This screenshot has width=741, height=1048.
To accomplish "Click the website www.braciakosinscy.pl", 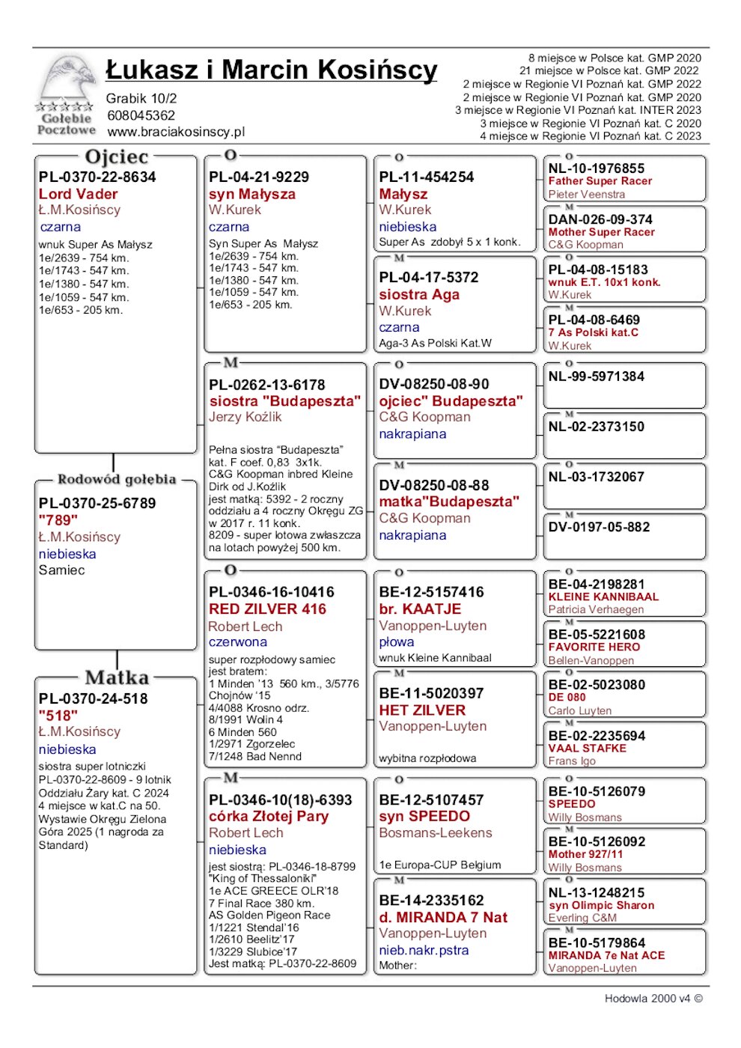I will click(x=176, y=132).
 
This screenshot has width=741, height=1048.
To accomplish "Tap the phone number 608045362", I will click(x=141, y=115).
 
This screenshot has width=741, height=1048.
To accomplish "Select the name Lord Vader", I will click(x=78, y=194).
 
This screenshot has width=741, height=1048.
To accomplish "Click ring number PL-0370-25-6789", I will click(x=97, y=503).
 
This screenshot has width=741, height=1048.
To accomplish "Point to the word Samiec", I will click(x=61, y=570).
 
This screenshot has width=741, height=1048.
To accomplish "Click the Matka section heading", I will click(x=117, y=677).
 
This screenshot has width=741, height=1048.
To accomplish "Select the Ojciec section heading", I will click(x=117, y=157).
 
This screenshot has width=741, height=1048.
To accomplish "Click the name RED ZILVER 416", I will click(x=267, y=609).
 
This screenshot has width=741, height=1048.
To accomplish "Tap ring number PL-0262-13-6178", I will click(x=266, y=385).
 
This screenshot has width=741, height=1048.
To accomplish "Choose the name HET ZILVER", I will click(x=422, y=710).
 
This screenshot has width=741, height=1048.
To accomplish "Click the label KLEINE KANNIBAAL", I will click(x=603, y=597).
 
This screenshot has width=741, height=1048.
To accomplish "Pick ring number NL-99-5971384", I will click(x=596, y=377).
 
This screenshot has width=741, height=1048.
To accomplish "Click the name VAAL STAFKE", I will click(x=587, y=748).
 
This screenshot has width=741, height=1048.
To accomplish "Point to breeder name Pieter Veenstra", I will click(x=586, y=195).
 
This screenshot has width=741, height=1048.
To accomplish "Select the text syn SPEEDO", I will click(x=424, y=817).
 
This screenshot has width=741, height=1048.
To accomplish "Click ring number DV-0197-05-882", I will click(x=599, y=527).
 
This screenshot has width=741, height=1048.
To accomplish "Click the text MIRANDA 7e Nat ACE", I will click(x=606, y=956).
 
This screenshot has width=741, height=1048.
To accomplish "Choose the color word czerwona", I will click(x=237, y=642).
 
